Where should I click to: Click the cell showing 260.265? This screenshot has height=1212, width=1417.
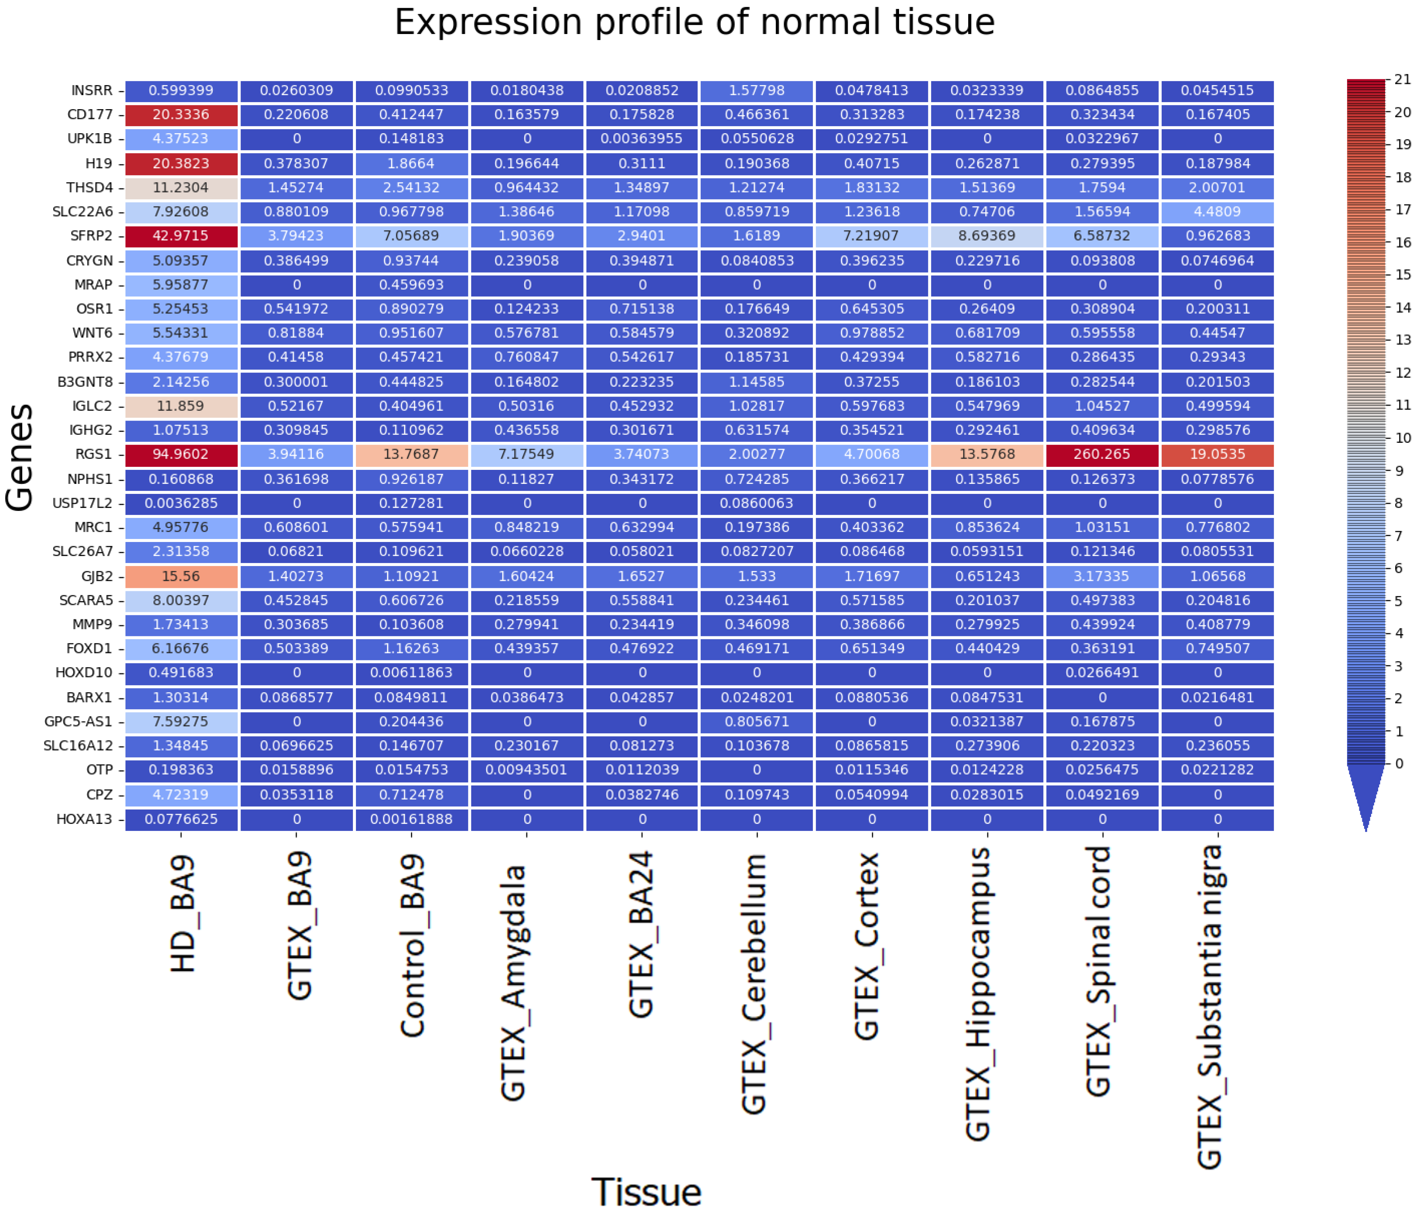click(1102, 455)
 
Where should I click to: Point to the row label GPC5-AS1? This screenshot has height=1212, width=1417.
click(78, 721)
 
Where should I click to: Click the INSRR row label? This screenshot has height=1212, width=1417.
click(92, 90)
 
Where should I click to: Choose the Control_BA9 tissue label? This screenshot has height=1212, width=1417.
click(413, 944)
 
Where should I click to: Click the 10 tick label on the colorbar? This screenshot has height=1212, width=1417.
click(1402, 438)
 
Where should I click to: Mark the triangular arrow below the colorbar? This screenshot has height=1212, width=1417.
click(1366, 794)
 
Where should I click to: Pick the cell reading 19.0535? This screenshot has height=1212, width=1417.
click(1217, 455)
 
